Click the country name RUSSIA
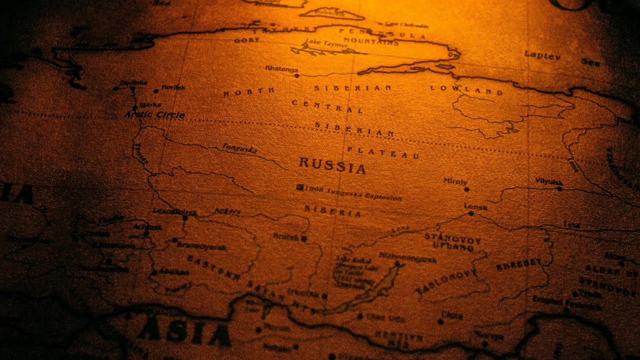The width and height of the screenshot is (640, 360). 332,165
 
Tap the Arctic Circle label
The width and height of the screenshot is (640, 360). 154,115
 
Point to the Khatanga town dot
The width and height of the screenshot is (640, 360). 296,76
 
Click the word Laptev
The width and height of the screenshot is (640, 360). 542,55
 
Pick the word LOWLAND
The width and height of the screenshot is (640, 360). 466,90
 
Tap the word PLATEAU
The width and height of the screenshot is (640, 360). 383,152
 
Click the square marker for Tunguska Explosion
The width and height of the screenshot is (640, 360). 300,187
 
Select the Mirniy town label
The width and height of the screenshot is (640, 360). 455,181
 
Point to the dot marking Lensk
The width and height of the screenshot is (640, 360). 471,213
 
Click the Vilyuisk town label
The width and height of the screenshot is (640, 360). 548,181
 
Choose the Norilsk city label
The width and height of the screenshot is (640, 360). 173,87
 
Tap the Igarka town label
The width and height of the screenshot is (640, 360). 149,104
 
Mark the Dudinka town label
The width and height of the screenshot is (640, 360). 133,82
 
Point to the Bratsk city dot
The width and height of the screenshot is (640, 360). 303,239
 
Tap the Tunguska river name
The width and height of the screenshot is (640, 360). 240,149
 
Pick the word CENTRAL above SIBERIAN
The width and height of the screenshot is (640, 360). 327,106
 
